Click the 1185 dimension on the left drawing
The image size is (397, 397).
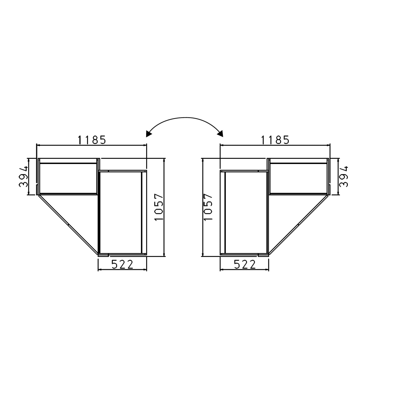[x=92, y=140]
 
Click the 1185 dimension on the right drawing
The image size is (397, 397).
[x=275, y=140]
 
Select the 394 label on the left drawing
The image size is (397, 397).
[x=24, y=176]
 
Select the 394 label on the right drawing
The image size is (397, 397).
[x=344, y=176]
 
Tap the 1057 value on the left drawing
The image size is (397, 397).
[x=159, y=207]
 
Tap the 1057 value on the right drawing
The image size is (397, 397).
[x=209, y=207]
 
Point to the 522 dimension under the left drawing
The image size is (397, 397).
[x=122, y=265]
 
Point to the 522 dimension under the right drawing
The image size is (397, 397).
[x=245, y=265]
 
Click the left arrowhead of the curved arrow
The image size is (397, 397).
[x=149, y=134]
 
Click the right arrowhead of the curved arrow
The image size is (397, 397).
[x=220, y=134]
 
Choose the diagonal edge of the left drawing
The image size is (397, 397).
[x=68, y=224]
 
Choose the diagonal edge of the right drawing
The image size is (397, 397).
[x=298, y=224]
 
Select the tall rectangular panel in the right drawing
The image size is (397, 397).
[x=246, y=212]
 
